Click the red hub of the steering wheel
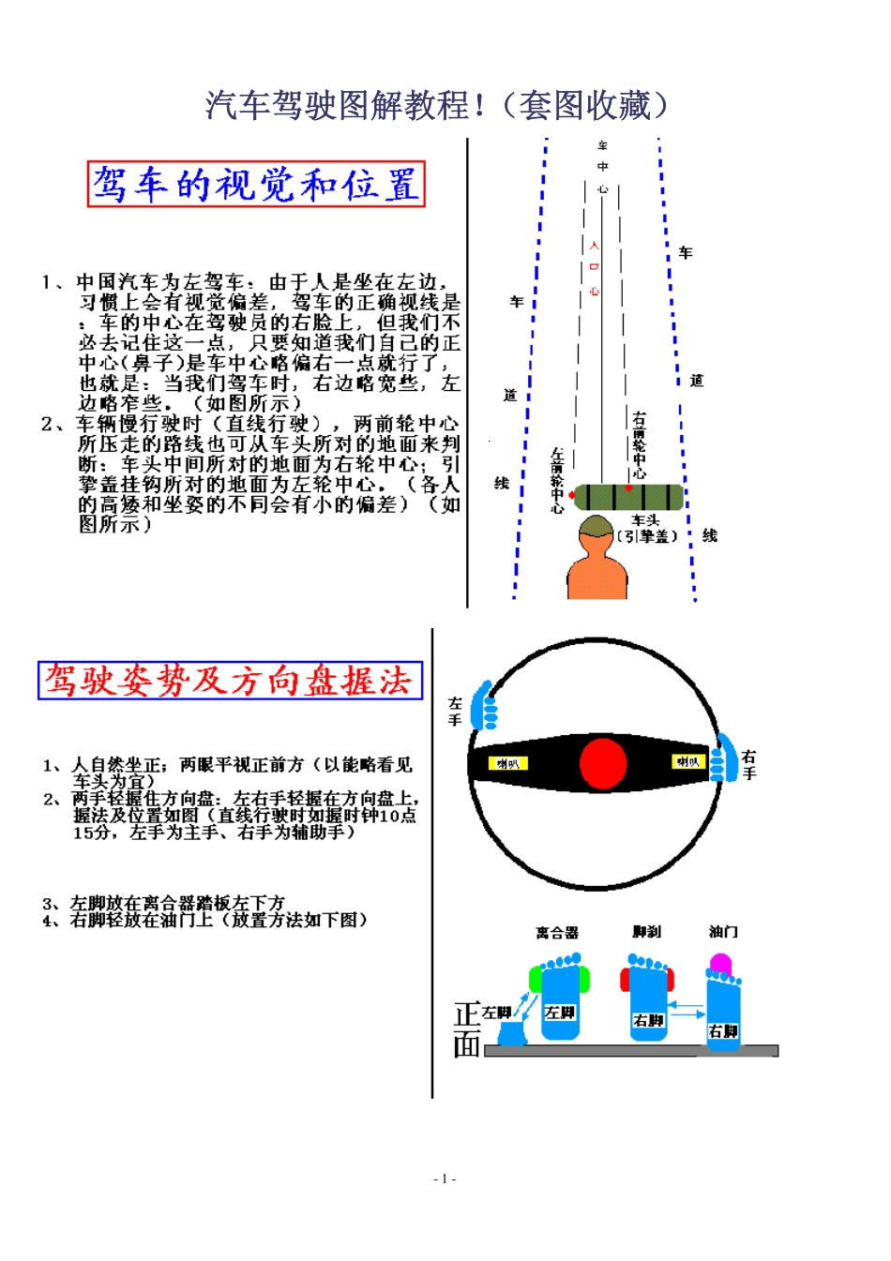click(602, 762)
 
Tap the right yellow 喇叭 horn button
click(687, 761)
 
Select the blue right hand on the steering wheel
click(722, 758)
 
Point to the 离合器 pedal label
click(557, 933)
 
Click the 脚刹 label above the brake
click(646, 932)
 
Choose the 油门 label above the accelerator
click(723, 932)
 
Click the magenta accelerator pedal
click(720, 964)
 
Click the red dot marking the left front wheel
click(572, 495)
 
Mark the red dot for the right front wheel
click(628, 488)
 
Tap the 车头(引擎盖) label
click(646, 528)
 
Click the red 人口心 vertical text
click(594, 268)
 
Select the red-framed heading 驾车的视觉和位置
click(256, 184)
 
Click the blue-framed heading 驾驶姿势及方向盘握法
click(230, 681)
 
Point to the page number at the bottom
click(445, 1178)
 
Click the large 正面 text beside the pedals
click(467, 1028)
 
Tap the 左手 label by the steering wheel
click(456, 711)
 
